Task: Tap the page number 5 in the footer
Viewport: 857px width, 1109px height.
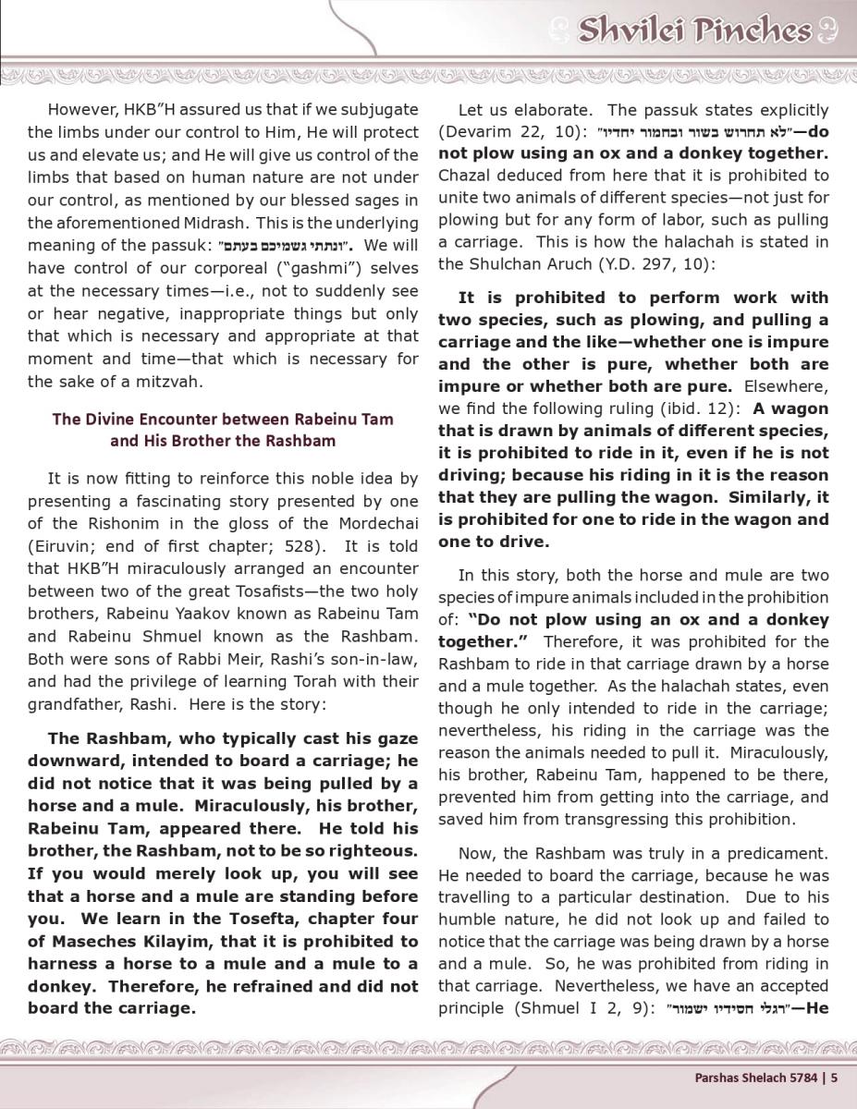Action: coord(834,1076)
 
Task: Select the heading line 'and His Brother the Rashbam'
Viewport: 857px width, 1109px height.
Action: coord(223,440)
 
